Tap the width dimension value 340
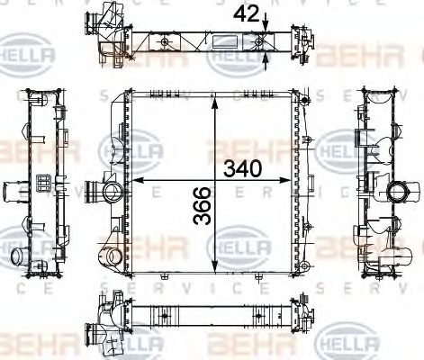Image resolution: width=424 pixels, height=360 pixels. pos(244,168)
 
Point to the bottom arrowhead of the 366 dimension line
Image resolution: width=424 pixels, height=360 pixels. pos(214,266)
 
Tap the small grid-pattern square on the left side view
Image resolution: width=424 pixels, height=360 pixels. pos(41,184)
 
